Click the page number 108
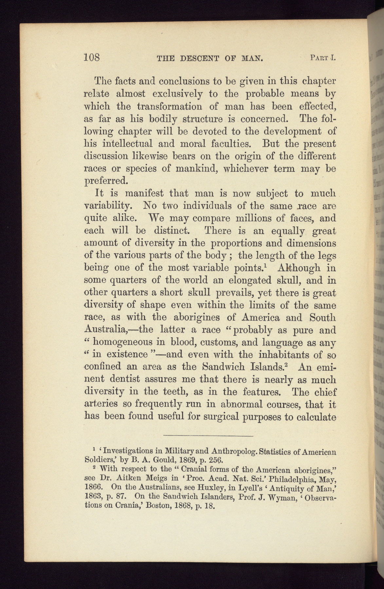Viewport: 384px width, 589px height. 92,58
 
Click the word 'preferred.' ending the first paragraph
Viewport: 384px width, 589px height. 105,181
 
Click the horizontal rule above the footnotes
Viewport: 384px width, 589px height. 208,436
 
